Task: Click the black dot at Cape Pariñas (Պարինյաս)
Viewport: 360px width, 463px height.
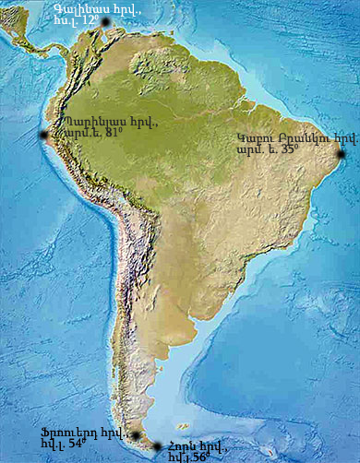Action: pyautogui.click(x=42, y=137)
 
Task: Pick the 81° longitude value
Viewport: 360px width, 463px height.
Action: pyautogui.click(x=114, y=133)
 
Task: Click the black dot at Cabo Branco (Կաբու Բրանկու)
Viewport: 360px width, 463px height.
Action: pyautogui.click(x=342, y=154)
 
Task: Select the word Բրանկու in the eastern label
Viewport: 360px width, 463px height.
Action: pyautogui.click(x=310, y=137)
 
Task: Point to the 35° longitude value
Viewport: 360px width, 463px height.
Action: pyautogui.click(x=288, y=148)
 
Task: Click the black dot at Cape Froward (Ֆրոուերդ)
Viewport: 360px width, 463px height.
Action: pyautogui.click(x=136, y=435)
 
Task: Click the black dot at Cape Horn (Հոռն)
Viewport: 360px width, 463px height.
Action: pyautogui.click(x=157, y=446)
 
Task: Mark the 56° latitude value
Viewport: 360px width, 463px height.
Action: pyautogui.click(x=201, y=457)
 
